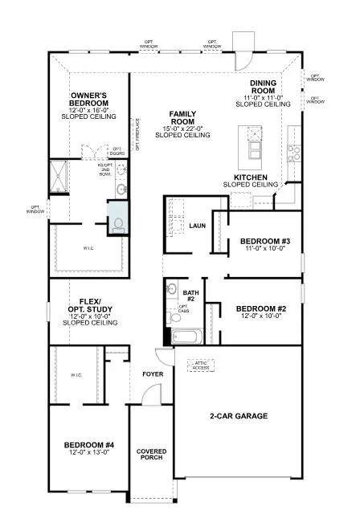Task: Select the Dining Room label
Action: (x=263, y=88)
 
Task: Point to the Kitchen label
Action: (x=250, y=177)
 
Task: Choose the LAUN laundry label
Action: (x=198, y=226)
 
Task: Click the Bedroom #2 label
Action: (x=260, y=308)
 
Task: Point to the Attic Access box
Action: (x=202, y=365)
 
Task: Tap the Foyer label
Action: (x=153, y=374)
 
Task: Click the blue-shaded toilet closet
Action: (x=118, y=218)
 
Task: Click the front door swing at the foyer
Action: (x=148, y=394)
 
